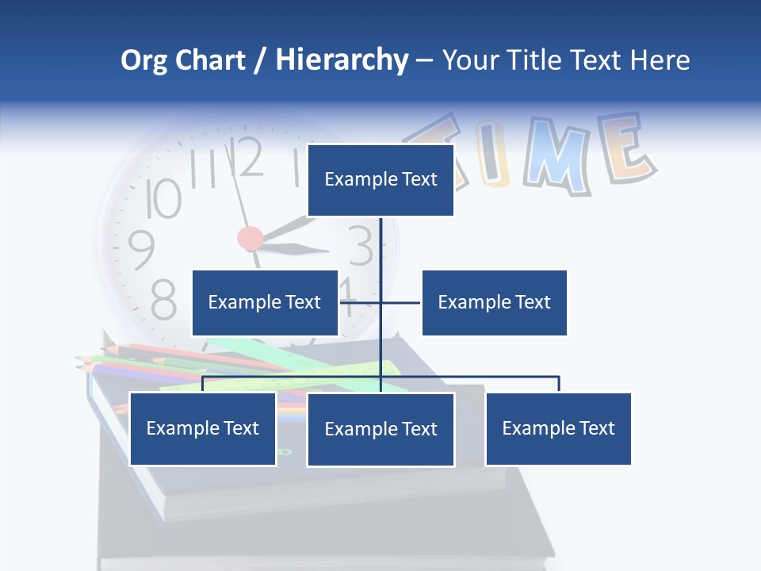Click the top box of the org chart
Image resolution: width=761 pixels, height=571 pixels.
pos(380,180)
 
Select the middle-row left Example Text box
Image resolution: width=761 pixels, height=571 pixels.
pos(265,302)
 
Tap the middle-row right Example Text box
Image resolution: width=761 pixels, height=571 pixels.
pos(494,302)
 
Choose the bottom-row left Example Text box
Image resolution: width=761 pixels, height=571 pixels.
pos(203,428)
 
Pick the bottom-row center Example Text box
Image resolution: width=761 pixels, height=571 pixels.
pos(380,429)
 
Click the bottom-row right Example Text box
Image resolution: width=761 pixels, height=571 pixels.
pos(558,428)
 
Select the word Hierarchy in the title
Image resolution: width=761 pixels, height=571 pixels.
pos(342,60)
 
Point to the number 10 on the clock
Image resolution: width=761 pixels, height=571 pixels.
pos(163,198)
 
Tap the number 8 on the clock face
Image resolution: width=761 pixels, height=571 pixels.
pos(163,299)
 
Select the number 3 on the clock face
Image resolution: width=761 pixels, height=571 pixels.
pos(361,246)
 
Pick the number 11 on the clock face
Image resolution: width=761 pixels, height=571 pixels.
pos(204,169)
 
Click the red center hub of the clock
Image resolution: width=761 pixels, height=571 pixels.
pos(250,238)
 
